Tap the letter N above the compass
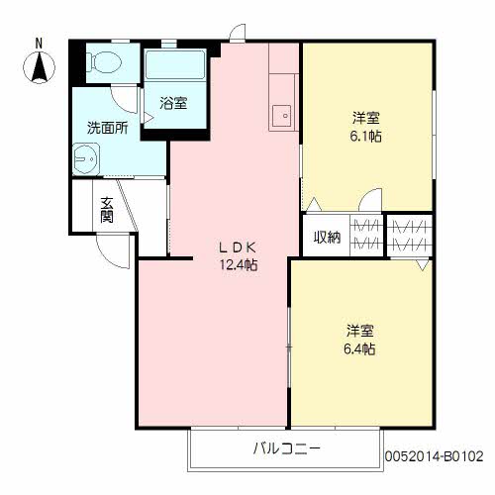(39, 43)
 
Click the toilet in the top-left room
(100, 63)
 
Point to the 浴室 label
(174, 103)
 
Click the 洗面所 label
(104, 128)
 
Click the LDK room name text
(238, 247)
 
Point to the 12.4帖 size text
(239, 265)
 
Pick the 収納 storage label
(327, 237)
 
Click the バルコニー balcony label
(286, 449)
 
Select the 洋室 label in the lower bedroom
(358, 330)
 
